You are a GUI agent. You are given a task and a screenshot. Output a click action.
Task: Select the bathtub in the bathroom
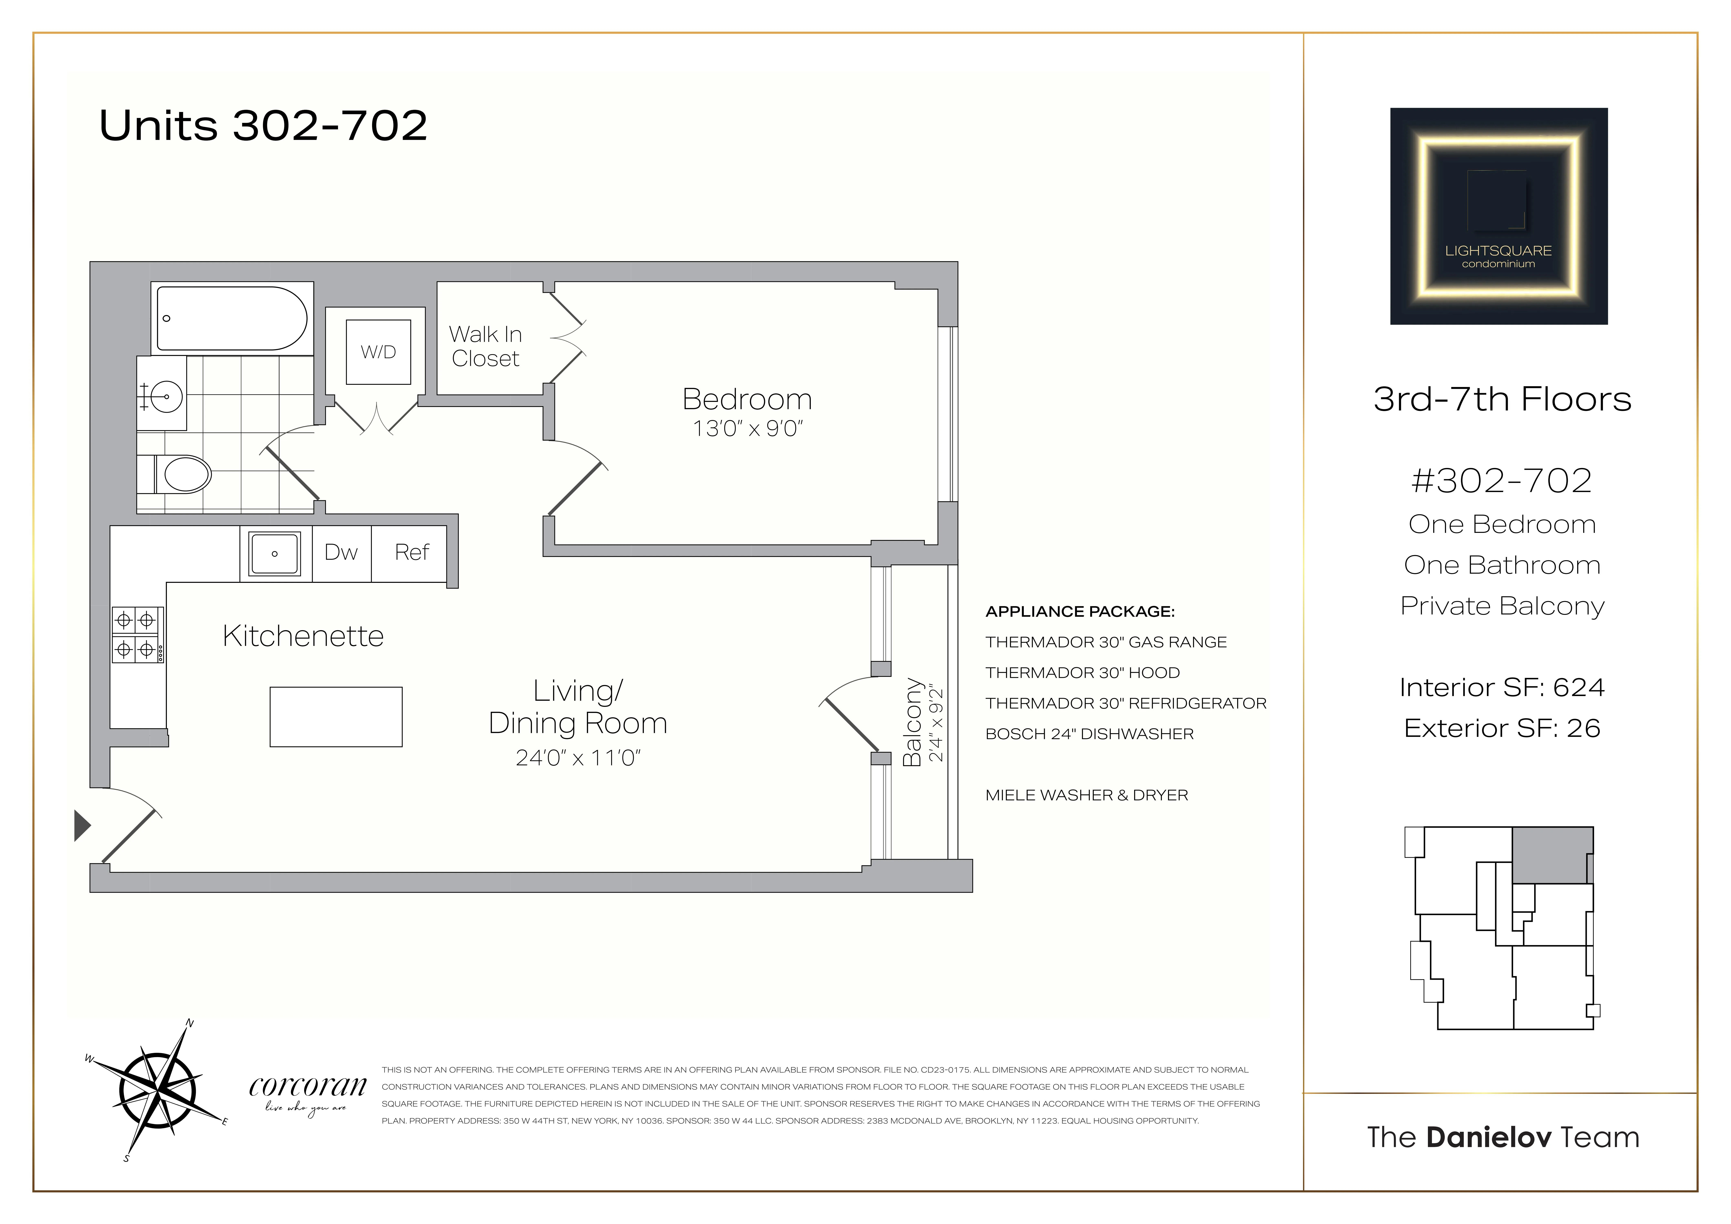pyautogui.click(x=232, y=318)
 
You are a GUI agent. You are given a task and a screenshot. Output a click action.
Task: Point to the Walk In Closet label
pyautogui.click(x=485, y=346)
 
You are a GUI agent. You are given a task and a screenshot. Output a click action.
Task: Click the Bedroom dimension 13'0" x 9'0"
pyautogui.click(x=747, y=428)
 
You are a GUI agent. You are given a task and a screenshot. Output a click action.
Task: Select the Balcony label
pyautogui.click(x=913, y=722)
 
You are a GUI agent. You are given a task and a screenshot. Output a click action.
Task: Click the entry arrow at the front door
pyautogui.click(x=81, y=825)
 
